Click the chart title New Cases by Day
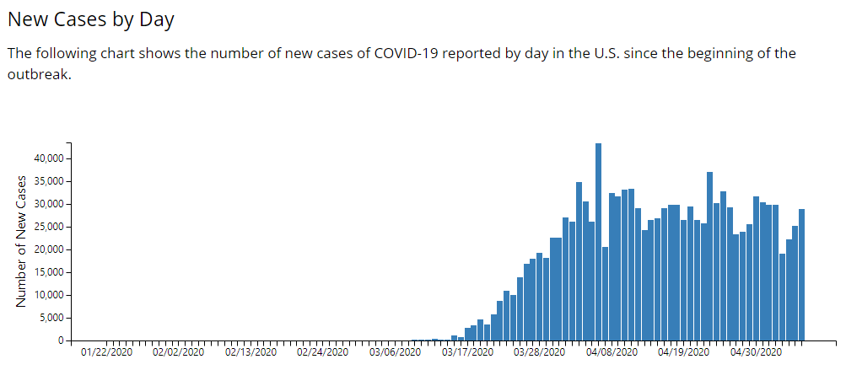[91, 20]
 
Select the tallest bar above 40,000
[598, 242]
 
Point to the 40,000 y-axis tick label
[51, 158]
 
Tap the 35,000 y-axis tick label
[51, 181]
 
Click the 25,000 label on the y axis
[51, 227]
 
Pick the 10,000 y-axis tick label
[51, 296]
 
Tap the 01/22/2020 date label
[107, 352]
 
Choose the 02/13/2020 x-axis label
[251, 352]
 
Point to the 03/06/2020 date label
[395, 352]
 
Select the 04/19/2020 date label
[683, 352]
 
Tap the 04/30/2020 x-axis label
[756, 352]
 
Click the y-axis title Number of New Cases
[21, 242]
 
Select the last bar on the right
[802, 275]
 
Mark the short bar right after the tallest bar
[606, 294]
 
